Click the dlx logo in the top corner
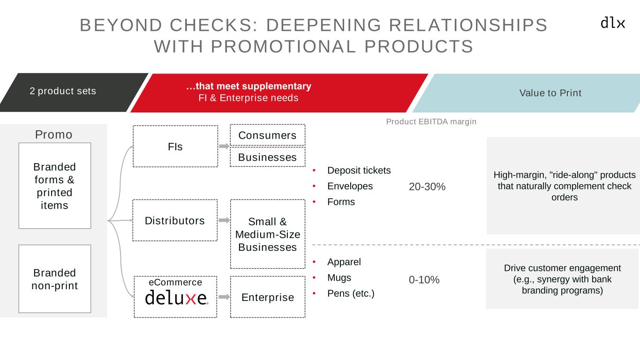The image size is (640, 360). click(x=613, y=22)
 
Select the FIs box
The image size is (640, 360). click(x=175, y=146)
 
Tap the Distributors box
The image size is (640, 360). click(x=175, y=220)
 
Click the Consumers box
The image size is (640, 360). click(x=267, y=135)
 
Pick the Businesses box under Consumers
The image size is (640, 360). click(x=267, y=157)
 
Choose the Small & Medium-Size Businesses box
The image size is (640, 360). click(x=268, y=234)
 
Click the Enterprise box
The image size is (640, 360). click(x=268, y=297)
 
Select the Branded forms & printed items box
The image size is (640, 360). click(x=54, y=186)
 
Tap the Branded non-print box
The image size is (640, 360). click(x=54, y=279)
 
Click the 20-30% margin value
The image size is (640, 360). click(x=427, y=187)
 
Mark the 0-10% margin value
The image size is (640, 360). click(x=424, y=280)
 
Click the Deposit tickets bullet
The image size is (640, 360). click(x=359, y=170)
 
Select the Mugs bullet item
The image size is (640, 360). click(x=339, y=277)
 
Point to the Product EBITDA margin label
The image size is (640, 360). click(x=431, y=121)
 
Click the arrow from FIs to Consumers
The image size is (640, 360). click(x=224, y=146)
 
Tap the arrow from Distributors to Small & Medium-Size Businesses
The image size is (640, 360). click(x=224, y=220)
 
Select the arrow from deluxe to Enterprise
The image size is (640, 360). click(x=224, y=297)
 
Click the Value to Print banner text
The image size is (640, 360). click(x=550, y=93)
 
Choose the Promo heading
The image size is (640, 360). click(x=54, y=135)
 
